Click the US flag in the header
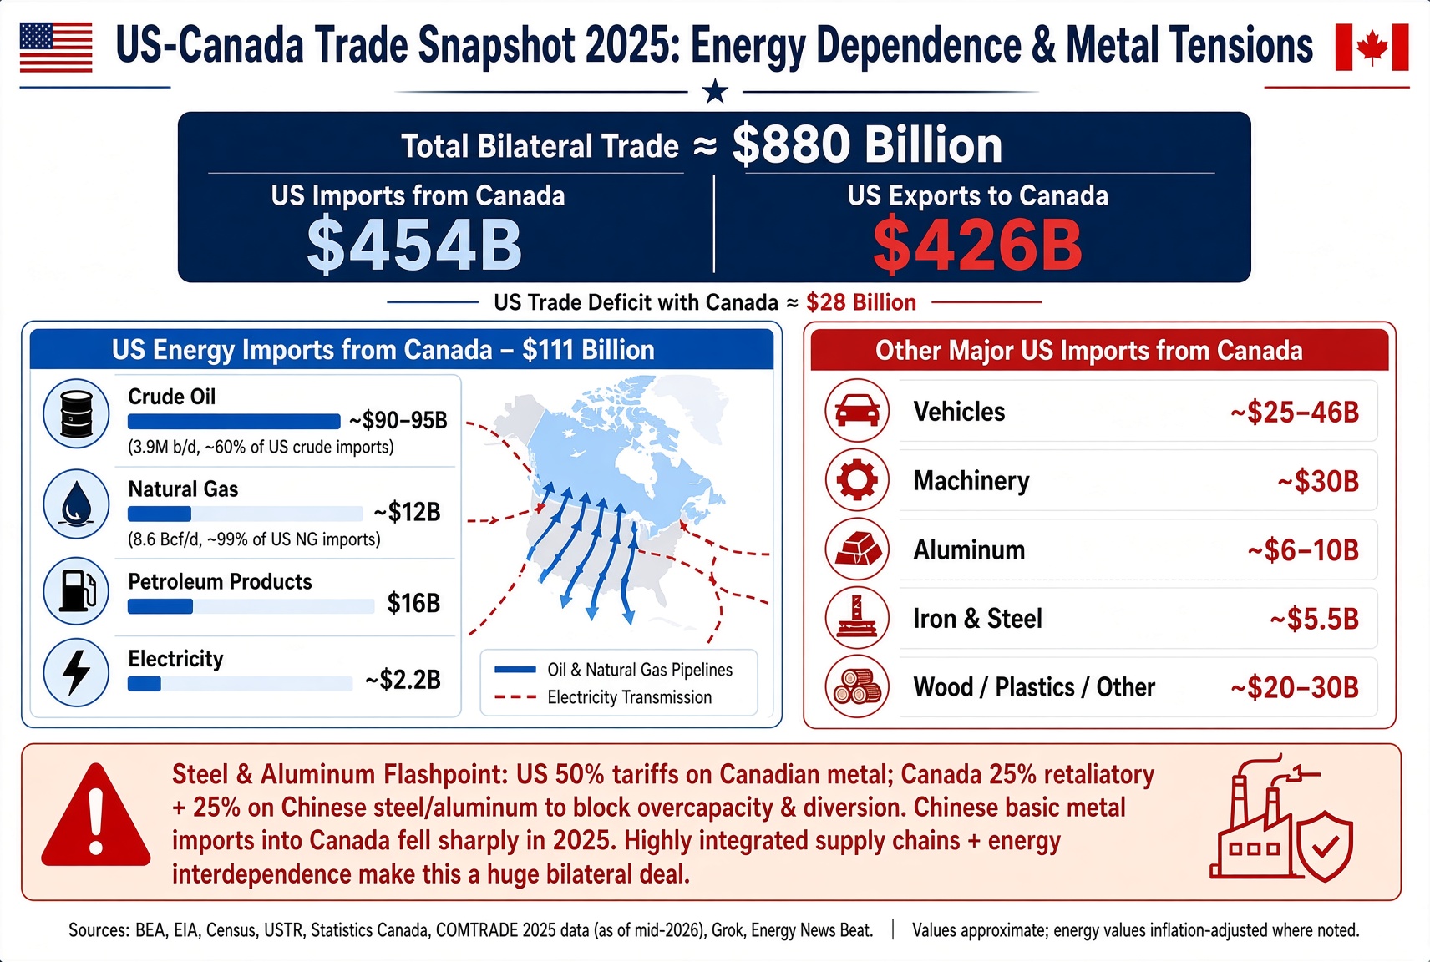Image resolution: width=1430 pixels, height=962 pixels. [x=56, y=48]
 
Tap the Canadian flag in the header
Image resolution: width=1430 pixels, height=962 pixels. [x=1372, y=48]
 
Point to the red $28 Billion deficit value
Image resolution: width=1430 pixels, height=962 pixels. [x=860, y=302]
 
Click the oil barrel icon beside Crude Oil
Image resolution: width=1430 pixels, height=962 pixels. [x=76, y=413]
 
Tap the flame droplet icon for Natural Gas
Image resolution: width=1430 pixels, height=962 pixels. [x=76, y=504]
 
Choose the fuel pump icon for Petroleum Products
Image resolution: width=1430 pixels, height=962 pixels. [x=77, y=590]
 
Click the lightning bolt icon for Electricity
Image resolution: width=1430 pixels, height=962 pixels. [x=77, y=671]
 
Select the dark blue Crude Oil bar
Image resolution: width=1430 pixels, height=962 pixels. [x=234, y=422]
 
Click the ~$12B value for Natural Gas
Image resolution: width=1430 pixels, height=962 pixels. [x=407, y=512]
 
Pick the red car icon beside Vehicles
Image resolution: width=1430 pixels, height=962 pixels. [x=857, y=411]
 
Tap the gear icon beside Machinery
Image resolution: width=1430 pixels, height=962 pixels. [x=857, y=479]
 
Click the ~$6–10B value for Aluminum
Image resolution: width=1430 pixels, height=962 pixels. [x=1303, y=550]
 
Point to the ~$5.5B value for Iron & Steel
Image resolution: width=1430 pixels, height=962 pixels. [x=1314, y=619]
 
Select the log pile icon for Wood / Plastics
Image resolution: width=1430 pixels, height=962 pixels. [x=857, y=687]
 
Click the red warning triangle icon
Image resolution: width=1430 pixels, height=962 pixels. [x=96, y=816]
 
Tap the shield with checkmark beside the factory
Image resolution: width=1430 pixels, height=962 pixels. [x=1325, y=847]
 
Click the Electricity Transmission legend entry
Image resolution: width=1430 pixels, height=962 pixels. [x=602, y=697]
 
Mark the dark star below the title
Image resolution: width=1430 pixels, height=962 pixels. [x=715, y=91]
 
